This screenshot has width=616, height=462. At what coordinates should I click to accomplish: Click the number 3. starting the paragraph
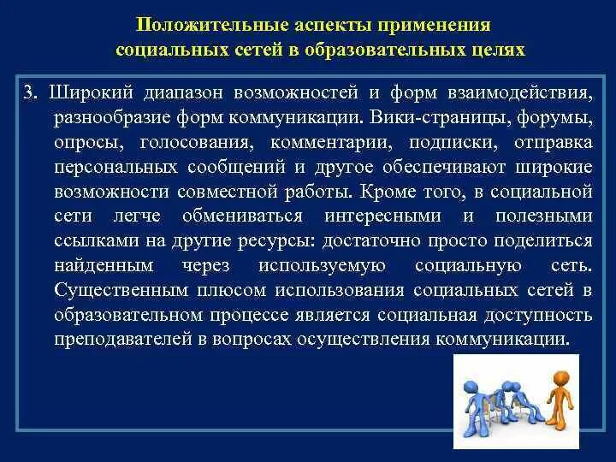tap(31, 93)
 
